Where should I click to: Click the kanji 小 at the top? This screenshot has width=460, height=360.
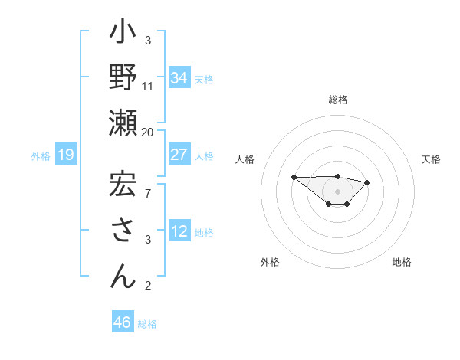[123, 34]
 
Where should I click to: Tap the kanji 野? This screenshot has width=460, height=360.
[123, 80]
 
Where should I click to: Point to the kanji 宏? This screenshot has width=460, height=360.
[123, 185]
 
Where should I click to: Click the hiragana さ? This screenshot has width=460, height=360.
[123, 231]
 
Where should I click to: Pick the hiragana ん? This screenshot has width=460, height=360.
[123, 277]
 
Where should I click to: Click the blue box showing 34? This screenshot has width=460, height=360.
[179, 77]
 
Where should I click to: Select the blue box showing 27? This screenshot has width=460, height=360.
[179, 155]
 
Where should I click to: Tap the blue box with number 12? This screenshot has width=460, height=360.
[179, 231]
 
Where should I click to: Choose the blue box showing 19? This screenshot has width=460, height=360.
[66, 155]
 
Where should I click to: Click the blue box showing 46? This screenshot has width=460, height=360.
[123, 322]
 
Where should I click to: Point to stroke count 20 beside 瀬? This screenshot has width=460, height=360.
[148, 133]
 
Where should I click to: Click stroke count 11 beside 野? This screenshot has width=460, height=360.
[148, 86]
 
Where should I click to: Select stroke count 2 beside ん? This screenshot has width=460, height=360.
[148, 286]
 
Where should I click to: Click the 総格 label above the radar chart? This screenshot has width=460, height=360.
[338, 100]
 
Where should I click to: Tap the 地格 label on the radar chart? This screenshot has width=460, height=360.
[402, 263]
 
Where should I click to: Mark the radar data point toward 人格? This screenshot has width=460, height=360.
[294, 177]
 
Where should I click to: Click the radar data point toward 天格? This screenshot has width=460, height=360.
[367, 182]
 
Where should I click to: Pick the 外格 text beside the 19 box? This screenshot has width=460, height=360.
[41, 156]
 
